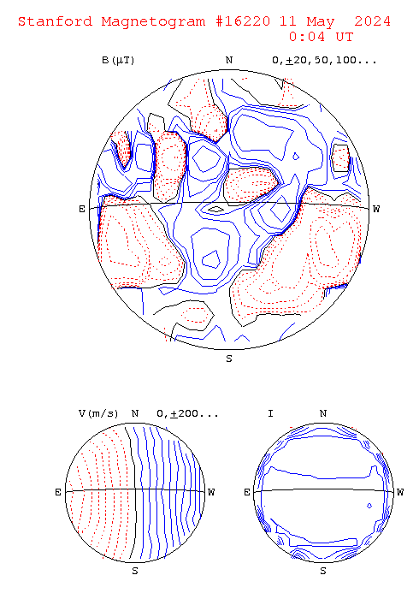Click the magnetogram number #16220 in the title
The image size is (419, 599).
point(243,21)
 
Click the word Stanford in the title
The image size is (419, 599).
point(56,21)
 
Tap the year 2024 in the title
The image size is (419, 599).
point(373,21)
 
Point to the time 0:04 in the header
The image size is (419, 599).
point(307,37)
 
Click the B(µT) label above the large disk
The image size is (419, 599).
point(118,61)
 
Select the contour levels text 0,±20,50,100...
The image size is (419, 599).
point(324,61)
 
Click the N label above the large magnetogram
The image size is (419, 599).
point(229,61)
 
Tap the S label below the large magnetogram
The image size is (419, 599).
point(229,359)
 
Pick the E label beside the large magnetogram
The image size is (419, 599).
point(82,209)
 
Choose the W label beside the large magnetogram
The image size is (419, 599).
point(376,209)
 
